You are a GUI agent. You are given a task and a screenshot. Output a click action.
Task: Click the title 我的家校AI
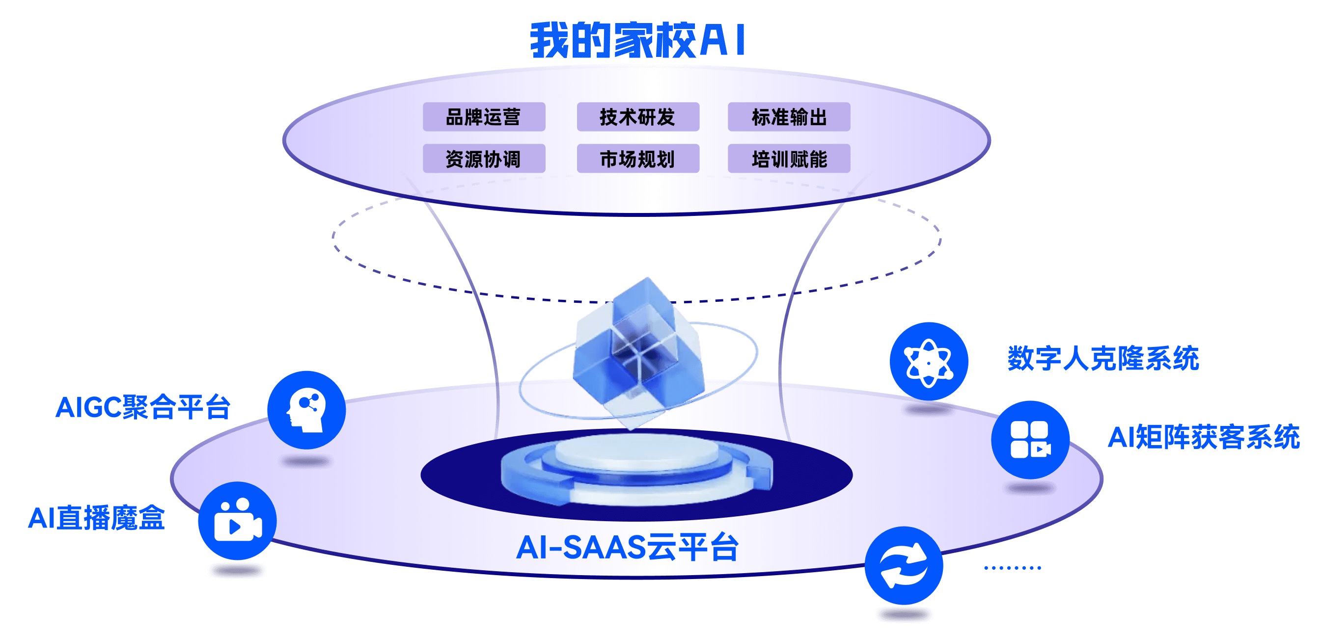638,40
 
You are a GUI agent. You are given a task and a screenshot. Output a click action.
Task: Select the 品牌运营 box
483,117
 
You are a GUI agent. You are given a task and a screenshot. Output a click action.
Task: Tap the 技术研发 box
637,117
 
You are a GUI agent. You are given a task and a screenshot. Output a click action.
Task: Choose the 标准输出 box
789,117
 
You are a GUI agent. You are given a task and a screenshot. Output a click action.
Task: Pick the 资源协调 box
483,159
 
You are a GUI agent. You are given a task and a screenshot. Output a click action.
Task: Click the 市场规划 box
637,159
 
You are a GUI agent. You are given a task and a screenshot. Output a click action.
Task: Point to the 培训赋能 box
789,159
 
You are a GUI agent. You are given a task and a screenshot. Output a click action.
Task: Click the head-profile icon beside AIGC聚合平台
306,410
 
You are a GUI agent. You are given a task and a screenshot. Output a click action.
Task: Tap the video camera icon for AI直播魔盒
237,521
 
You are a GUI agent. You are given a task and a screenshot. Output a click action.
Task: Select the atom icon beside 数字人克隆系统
929,361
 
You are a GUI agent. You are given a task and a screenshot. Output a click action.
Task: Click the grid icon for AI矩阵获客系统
1030,440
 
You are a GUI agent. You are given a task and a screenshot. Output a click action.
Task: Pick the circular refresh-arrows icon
904,566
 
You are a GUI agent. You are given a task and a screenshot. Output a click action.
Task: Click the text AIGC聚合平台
143,408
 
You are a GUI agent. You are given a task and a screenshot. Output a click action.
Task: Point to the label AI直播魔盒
97,517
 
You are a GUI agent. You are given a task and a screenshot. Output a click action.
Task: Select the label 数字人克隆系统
1103,358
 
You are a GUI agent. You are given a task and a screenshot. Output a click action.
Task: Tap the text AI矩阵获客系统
1203,437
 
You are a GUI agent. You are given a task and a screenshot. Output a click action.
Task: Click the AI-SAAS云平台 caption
627,547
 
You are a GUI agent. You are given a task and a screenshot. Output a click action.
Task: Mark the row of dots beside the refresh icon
1012,568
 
